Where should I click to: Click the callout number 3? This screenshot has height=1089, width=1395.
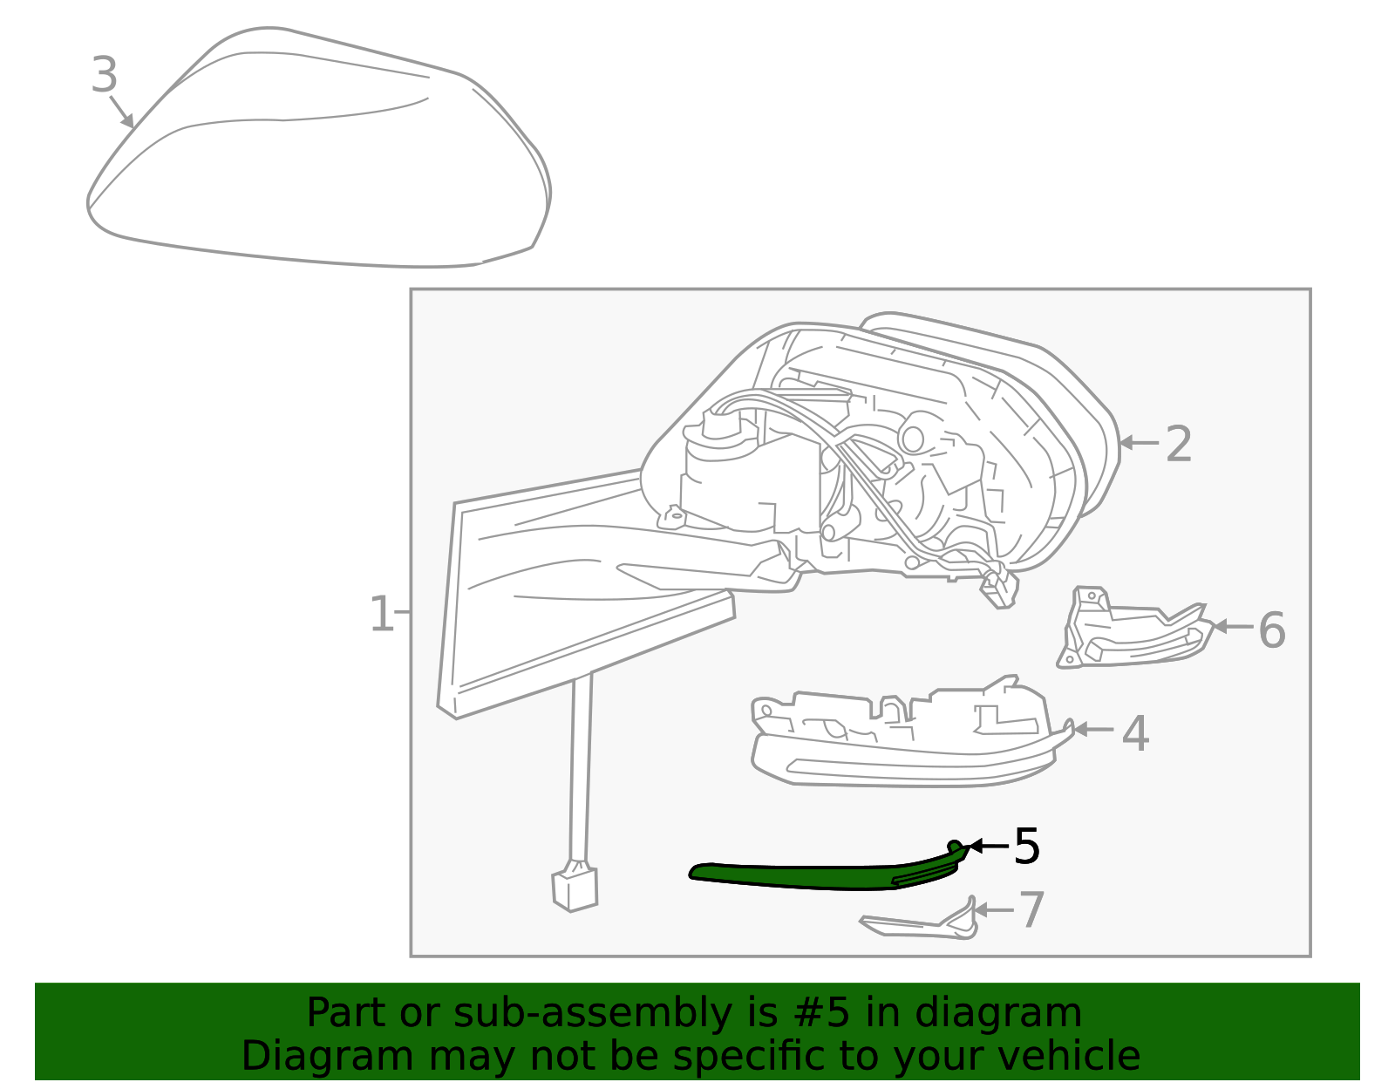pos(104,76)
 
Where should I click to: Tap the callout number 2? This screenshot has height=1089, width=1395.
pos(1178,445)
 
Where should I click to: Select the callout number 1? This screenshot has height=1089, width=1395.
pos(382,615)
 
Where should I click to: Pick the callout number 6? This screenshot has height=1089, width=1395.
pos(1271,630)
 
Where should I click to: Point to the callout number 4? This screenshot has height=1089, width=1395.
pos(1135,733)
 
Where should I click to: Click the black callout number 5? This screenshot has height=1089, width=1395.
pos(1026,847)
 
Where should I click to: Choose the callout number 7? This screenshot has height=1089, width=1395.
pos(1031,910)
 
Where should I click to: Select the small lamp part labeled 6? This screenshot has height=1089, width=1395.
pos(1133,632)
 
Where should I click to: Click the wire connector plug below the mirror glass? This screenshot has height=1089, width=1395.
pos(575,888)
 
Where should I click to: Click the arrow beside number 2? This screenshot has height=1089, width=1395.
pos(1138,444)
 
